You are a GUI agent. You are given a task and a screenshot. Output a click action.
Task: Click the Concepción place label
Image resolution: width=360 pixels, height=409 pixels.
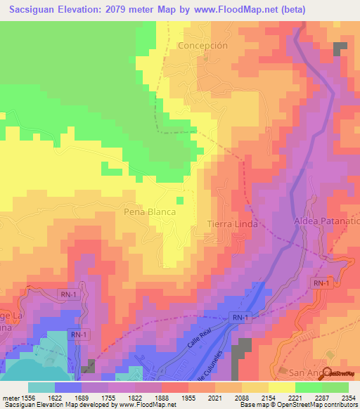click(x=203, y=45)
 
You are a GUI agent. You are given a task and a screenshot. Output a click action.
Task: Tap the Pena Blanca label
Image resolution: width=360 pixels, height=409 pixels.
click(x=148, y=211)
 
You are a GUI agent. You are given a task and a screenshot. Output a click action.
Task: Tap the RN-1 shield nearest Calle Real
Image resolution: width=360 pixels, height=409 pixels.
click(x=240, y=318)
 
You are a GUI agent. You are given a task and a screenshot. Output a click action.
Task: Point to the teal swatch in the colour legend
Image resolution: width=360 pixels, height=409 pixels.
click(x=41, y=387)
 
